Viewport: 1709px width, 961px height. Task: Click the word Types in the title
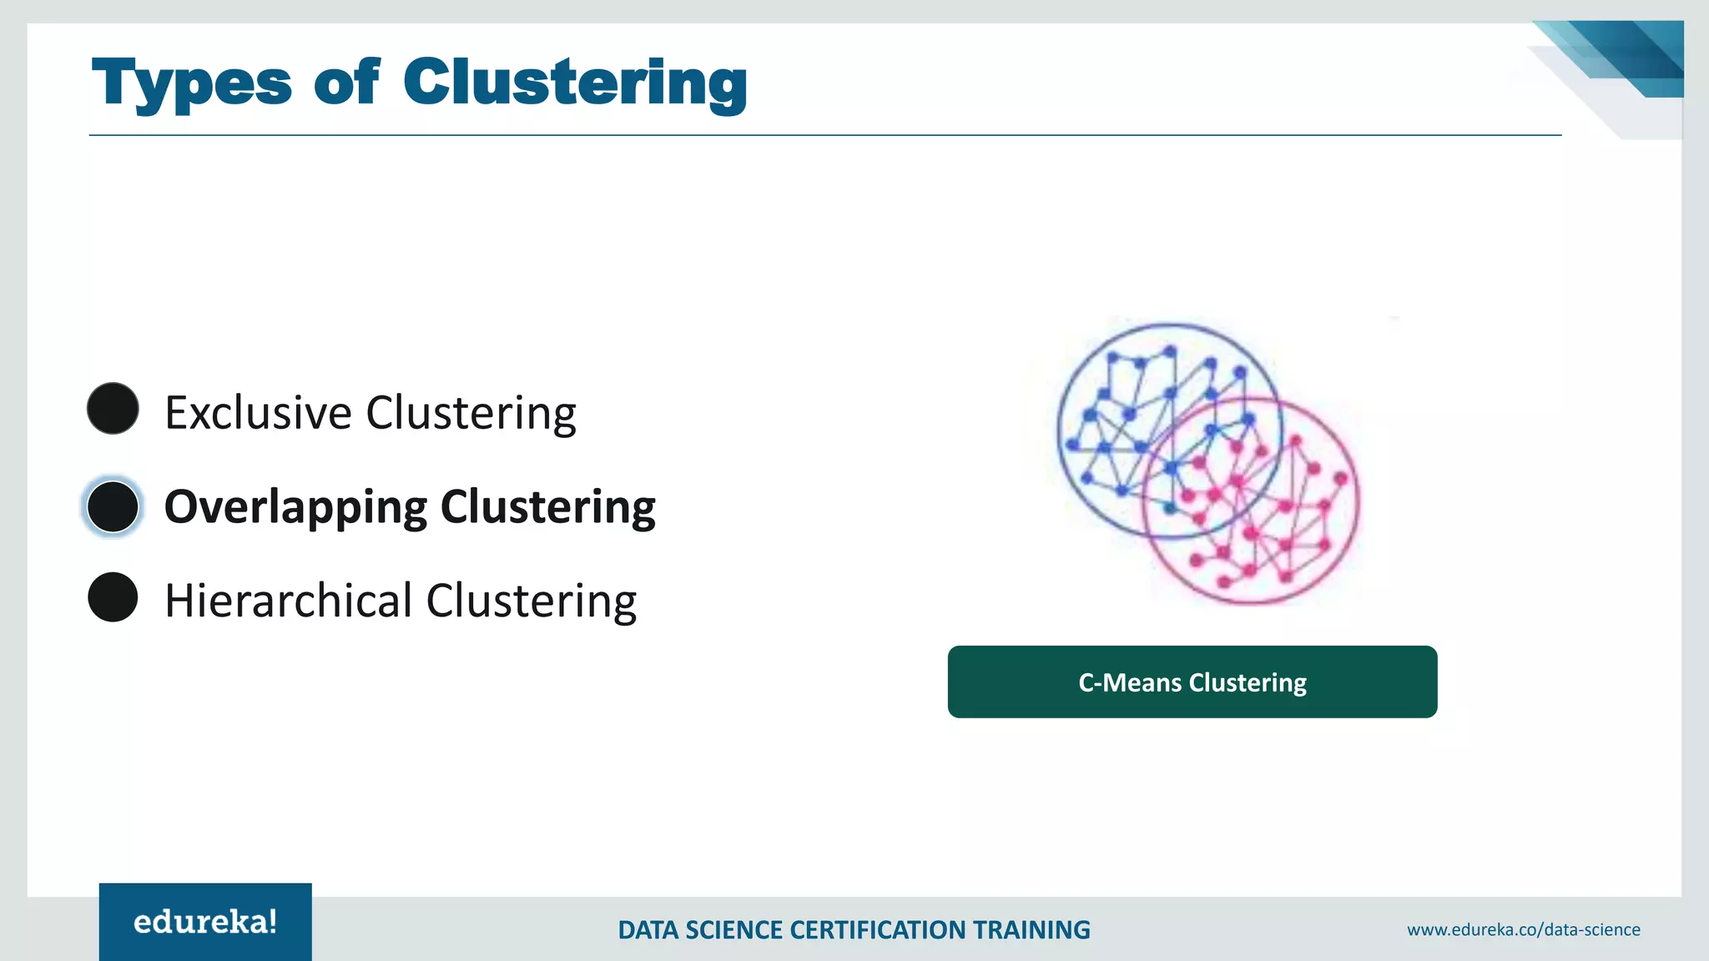[x=191, y=83]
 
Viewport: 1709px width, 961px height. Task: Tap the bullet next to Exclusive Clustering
[x=113, y=409]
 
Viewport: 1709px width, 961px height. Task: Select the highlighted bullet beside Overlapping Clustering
[x=113, y=506]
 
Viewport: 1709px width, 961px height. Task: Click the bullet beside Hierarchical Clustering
[x=113, y=597]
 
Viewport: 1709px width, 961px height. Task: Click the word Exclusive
[x=258, y=413]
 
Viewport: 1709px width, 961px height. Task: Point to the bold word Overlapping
[x=295, y=507]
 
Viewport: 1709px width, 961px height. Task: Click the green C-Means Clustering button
[x=1192, y=682]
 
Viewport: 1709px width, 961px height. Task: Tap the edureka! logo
[x=205, y=922]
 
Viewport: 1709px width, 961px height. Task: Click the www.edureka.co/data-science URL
[x=1523, y=929]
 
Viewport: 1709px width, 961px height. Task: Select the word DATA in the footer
[x=648, y=930]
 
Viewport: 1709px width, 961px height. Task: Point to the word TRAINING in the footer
[x=1032, y=930]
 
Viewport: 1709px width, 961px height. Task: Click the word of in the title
[x=346, y=83]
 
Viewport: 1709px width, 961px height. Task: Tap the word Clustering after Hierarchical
[x=531, y=601]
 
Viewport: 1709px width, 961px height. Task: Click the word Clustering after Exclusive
[x=471, y=413]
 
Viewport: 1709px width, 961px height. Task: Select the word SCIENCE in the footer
[x=734, y=930]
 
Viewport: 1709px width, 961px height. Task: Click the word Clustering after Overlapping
[x=547, y=507]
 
